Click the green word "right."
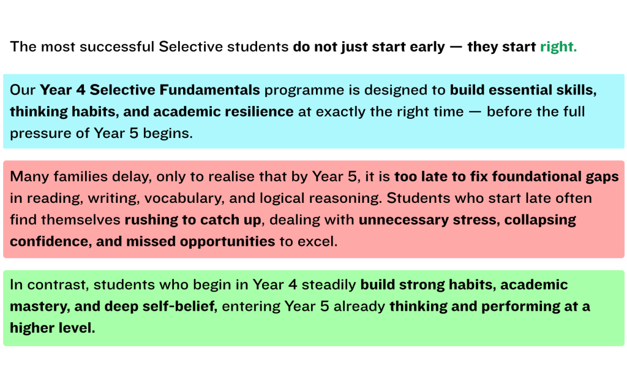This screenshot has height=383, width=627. [558, 47]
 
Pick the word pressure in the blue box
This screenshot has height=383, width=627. [37, 134]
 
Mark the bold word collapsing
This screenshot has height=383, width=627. [538, 220]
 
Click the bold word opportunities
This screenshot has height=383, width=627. [227, 241]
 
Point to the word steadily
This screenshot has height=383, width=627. [333, 285]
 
